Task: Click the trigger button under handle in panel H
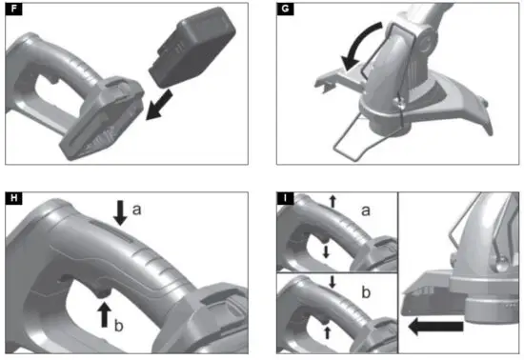(100, 284)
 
